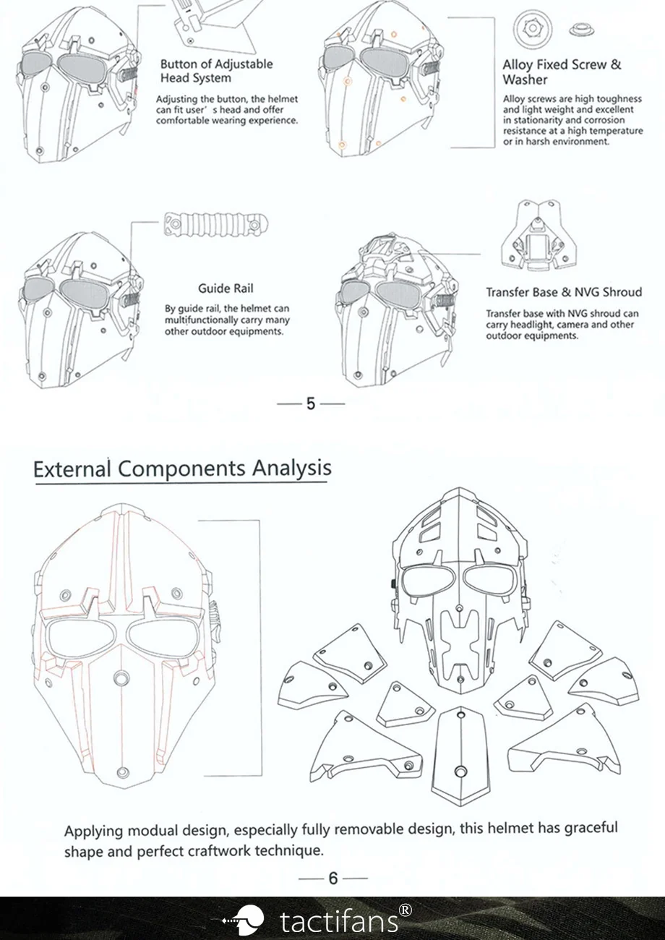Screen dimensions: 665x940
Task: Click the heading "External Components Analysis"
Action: tap(182, 468)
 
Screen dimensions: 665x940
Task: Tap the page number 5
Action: tap(311, 403)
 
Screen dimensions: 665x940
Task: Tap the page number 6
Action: tap(332, 878)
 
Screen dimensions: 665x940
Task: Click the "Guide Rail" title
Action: tap(226, 289)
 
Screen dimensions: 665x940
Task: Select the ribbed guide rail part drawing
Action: tap(216, 223)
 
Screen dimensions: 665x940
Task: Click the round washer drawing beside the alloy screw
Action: tap(533, 28)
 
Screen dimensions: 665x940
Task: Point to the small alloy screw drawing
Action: tap(583, 30)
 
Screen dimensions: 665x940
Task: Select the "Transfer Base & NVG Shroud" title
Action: tap(564, 292)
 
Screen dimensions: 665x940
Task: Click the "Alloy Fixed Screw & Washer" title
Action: tap(562, 72)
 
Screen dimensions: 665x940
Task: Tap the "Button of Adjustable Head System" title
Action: tap(217, 71)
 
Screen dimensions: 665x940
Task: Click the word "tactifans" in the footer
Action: tap(338, 921)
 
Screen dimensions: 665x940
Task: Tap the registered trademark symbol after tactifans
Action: tap(406, 910)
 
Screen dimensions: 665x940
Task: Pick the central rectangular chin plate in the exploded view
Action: tap(460, 756)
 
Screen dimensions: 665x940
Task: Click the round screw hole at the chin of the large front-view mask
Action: tap(123, 772)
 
